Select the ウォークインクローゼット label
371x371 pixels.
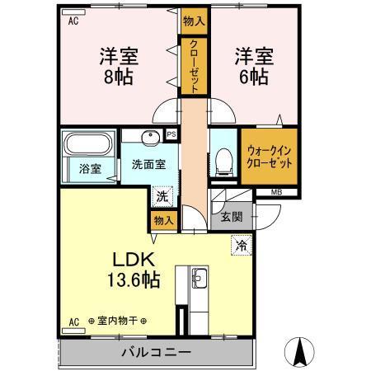pos(268,156)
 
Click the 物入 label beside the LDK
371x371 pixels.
pos(162,219)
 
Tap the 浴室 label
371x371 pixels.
pos(91,169)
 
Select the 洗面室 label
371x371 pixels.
pos(148,163)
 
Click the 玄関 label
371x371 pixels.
pos(232,217)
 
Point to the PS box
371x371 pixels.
pos(171,135)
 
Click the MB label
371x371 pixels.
pos(277,194)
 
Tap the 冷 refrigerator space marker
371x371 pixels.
pos(242,245)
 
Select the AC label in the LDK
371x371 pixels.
pos(73,321)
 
